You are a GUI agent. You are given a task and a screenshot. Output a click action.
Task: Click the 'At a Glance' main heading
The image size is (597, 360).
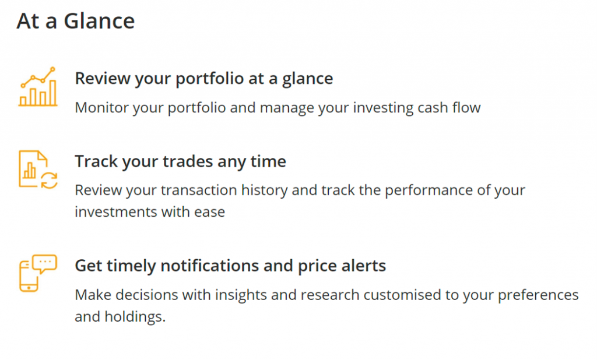pos(76,21)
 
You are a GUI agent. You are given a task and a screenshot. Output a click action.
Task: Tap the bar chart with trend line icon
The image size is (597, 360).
pos(38,87)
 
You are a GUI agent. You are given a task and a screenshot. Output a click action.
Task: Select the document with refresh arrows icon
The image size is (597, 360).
pos(38,170)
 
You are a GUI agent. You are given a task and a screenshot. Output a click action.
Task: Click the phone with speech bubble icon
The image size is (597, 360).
pos(38,273)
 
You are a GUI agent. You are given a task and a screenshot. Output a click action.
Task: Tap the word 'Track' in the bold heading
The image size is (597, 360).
pos(96,161)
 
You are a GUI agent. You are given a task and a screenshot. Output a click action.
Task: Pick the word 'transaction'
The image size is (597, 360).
pos(199,190)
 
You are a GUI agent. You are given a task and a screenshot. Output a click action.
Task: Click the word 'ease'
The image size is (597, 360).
pos(209,212)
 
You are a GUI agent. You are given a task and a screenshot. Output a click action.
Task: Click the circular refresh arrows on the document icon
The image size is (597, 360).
pos(49,181)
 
